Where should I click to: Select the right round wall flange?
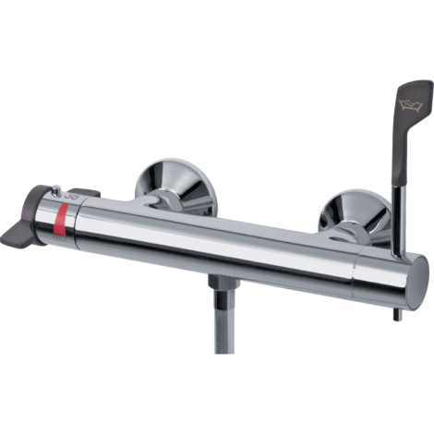coord(355,212)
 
